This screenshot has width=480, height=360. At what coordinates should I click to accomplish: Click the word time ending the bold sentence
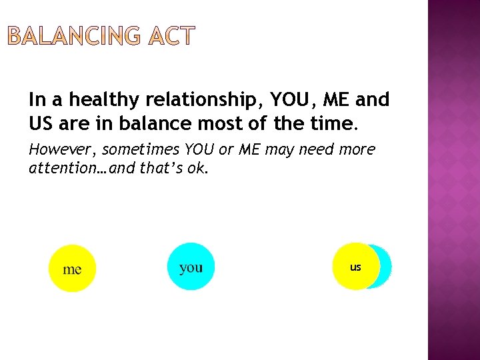point(335,123)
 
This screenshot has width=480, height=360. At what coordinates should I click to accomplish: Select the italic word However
point(63,150)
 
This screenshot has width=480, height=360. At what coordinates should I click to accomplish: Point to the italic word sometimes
point(140,150)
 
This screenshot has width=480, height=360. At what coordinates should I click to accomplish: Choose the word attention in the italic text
point(59,169)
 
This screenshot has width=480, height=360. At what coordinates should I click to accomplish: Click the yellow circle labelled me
point(72,269)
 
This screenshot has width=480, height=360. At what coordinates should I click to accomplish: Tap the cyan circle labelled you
point(191,267)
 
